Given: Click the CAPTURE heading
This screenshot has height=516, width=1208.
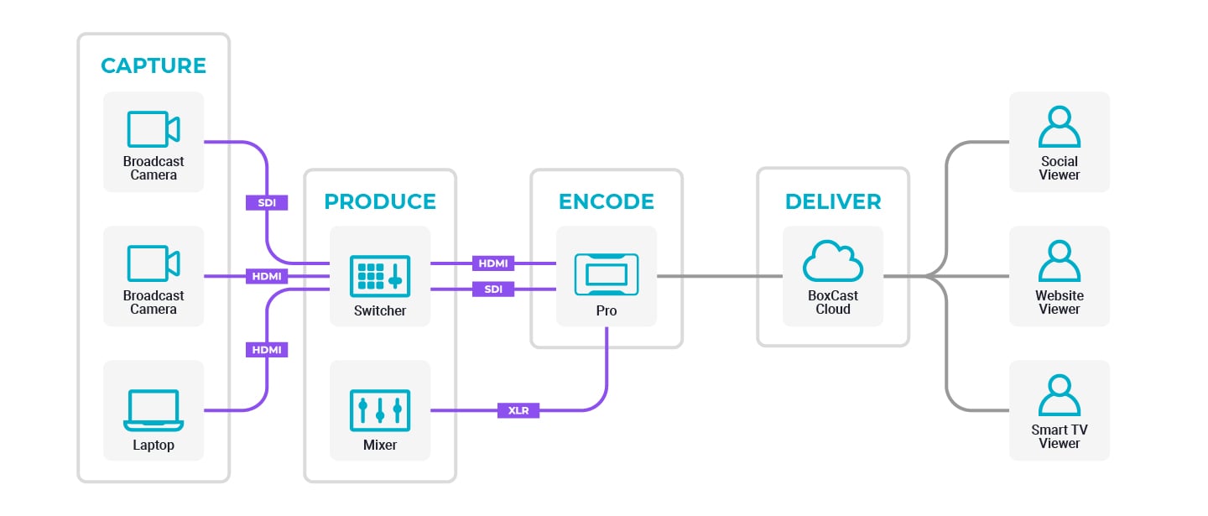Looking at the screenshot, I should point(154,65).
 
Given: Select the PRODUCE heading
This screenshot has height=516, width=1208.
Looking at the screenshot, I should point(380,202).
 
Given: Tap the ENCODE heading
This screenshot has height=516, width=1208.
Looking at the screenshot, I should point(607,202).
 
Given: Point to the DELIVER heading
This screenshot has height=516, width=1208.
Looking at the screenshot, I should point(833,202).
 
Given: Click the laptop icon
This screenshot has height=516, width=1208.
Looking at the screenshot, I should point(154,409).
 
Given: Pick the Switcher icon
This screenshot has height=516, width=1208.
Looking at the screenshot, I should point(380,276).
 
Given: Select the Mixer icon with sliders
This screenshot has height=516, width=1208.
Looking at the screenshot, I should point(380,410).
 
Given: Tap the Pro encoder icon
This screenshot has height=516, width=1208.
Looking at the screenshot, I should point(607,274).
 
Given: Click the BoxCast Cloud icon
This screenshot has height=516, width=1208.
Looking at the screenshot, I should point(833,261).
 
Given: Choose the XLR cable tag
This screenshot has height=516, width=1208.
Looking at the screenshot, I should point(518,410).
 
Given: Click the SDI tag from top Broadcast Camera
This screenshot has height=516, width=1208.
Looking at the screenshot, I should point(267,202).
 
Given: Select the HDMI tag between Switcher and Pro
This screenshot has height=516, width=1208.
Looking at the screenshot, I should point(493,263).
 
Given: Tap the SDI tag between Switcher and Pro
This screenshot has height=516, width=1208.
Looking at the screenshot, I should point(493,289).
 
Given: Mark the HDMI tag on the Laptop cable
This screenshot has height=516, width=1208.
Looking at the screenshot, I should point(267,350).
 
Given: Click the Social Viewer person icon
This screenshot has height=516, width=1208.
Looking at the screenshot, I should point(1060,127).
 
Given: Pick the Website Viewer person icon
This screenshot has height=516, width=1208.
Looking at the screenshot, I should point(1060,261).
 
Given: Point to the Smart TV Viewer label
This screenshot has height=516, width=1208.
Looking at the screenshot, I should point(1060,436).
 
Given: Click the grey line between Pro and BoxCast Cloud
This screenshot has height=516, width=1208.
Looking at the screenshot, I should point(720,275).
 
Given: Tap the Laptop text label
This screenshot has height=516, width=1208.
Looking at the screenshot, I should point(154,445).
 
